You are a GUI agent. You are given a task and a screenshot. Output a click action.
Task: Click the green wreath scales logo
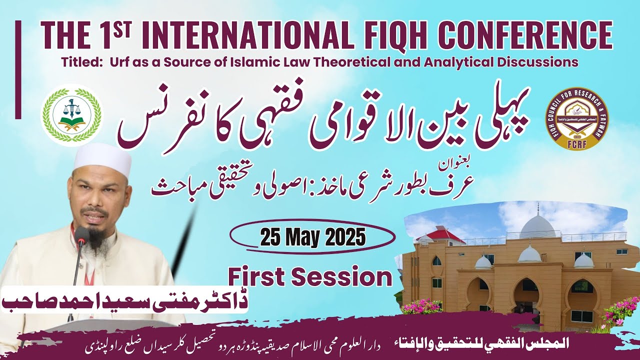(71, 115)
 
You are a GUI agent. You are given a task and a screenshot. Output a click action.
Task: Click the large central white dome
(538, 228)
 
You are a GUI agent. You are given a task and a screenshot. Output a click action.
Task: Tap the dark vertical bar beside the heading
(18, 69)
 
